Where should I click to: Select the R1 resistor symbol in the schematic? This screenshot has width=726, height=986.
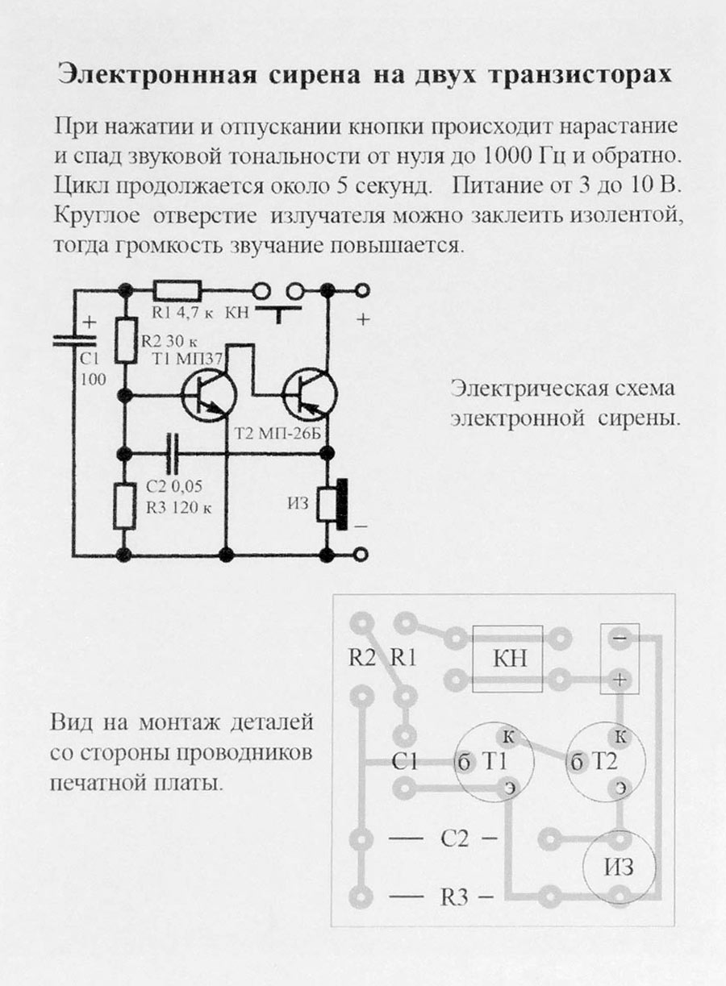point(178,290)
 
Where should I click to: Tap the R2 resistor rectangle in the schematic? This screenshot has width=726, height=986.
point(125,339)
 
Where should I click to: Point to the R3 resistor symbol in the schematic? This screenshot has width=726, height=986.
point(124,505)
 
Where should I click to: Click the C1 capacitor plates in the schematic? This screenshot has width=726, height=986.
point(74,342)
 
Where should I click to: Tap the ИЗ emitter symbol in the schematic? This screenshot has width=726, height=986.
point(332,506)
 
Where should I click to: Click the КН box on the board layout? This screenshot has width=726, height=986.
point(508,659)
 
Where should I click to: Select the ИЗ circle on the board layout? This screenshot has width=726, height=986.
point(619,867)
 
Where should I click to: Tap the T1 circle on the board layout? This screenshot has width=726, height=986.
point(494,762)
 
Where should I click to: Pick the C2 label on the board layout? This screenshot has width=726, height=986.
point(455,838)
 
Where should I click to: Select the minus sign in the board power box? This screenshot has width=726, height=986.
point(620,637)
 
